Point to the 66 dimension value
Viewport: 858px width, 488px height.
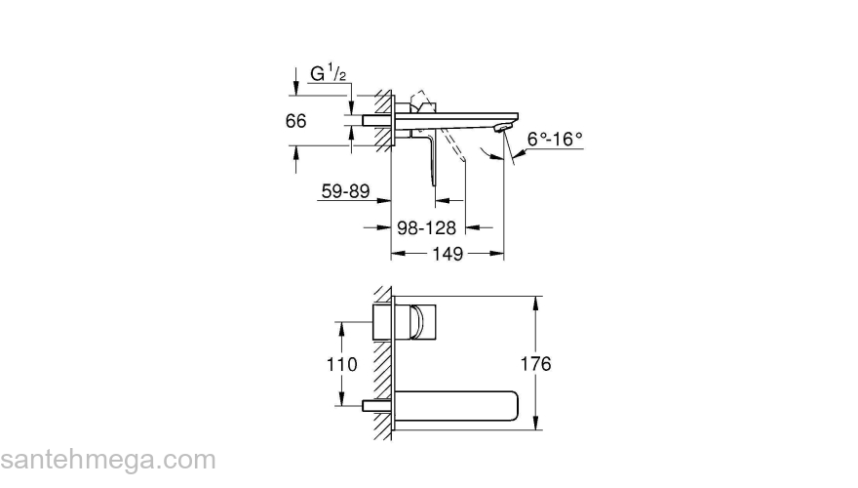[x=296, y=121]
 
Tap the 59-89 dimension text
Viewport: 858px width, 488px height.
[x=345, y=192]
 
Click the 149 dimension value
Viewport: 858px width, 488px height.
[x=447, y=253]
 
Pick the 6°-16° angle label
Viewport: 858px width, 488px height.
[x=555, y=140]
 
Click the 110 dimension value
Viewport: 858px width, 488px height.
[x=340, y=363]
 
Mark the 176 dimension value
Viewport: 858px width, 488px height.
[x=536, y=363]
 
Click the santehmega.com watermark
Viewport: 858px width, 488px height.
[x=107, y=459]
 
